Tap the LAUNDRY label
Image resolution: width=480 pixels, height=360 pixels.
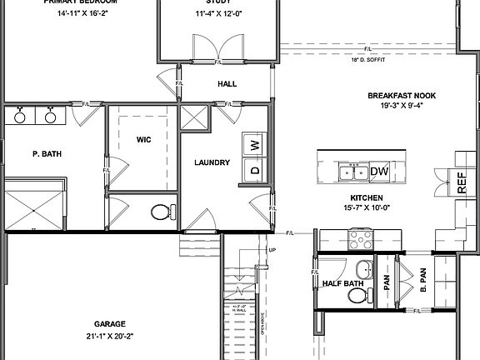[x=212, y=162]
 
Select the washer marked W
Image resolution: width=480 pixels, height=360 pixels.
[x=255, y=144]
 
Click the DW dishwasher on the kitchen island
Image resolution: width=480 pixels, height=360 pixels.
[x=379, y=172]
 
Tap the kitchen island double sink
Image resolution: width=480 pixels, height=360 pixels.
[x=353, y=172]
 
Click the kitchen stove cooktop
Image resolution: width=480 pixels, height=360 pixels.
[x=360, y=239]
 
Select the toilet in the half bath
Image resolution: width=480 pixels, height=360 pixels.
[x=362, y=271]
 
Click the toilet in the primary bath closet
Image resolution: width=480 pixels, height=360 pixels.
[x=161, y=212]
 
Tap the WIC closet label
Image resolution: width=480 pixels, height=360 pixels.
[x=143, y=139]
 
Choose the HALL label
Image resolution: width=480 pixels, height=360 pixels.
[x=227, y=84]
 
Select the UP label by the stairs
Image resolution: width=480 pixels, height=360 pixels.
[x=272, y=249]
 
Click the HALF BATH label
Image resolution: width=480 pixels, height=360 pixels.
[x=342, y=283]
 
